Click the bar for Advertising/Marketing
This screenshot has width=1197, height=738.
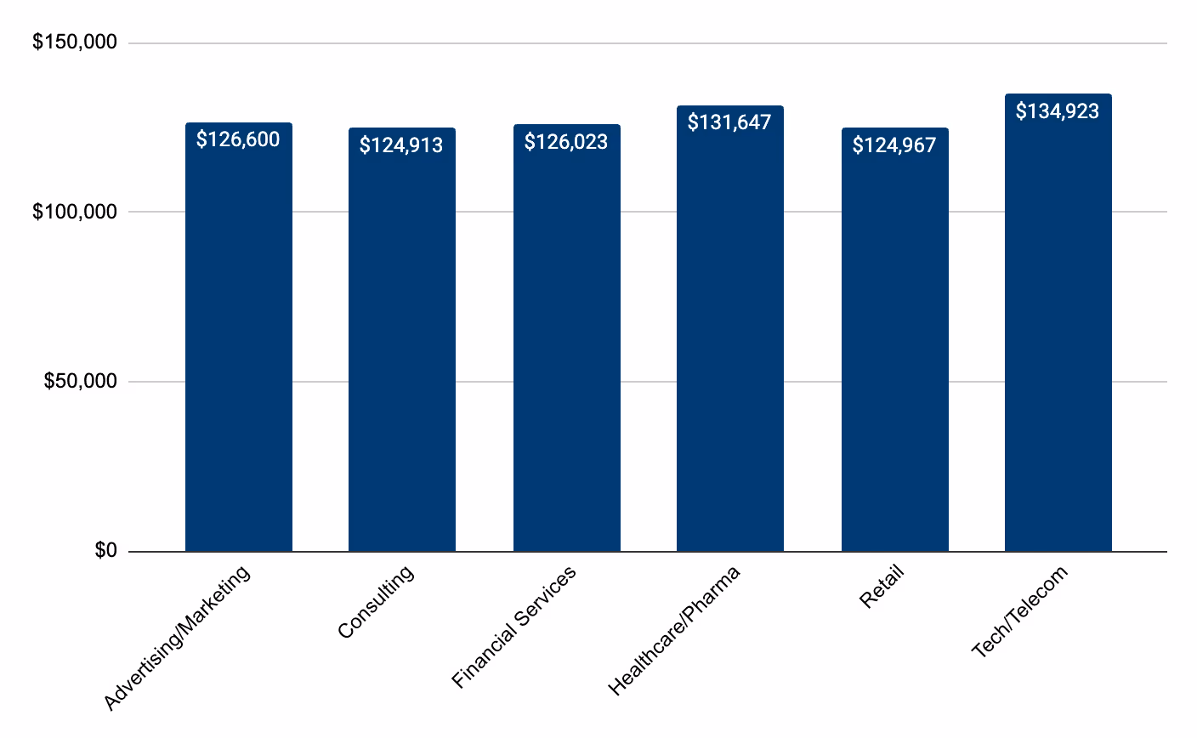click(x=239, y=340)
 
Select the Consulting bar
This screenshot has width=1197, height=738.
click(x=402, y=340)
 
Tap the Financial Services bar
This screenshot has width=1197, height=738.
click(x=566, y=340)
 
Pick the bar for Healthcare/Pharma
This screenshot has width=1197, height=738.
click(x=729, y=340)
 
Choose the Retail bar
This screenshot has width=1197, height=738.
click(x=894, y=340)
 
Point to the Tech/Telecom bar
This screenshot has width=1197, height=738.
click(x=1058, y=340)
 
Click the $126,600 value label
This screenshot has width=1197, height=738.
click(x=238, y=139)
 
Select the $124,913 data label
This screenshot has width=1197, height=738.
click(x=401, y=145)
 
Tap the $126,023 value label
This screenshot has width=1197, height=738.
click(x=566, y=141)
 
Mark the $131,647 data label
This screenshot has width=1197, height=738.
click(x=729, y=122)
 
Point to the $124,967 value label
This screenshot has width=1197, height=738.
click(x=894, y=145)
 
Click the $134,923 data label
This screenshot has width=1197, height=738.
click(x=1058, y=111)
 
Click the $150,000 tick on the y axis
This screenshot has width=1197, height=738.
click(x=75, y=43)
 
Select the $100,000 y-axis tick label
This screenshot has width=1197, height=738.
click(x=75, y=212)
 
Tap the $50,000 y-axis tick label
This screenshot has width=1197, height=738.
click(x=80, y=382)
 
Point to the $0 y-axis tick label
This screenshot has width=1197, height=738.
click(x=105, y=551)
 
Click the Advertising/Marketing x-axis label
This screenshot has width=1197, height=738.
click(x=178, y=637)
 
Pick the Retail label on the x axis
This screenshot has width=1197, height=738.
click(x=882, y=587)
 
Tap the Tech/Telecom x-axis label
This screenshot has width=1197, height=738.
click(x=1019, y=611)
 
